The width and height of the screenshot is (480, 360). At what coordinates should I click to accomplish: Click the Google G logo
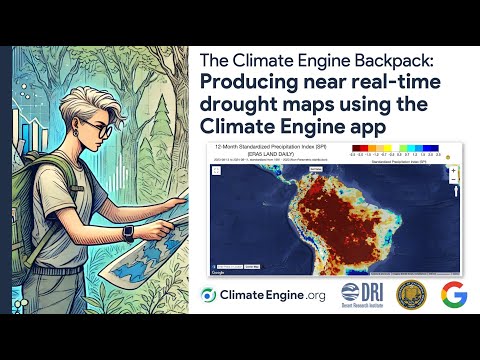pos(455,295)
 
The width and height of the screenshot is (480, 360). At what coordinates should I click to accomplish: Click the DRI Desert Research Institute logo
pos(362,295)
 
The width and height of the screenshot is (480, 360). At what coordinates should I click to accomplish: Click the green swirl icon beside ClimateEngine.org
pos(208,295)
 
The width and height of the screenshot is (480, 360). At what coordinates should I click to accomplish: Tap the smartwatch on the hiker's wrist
pos(128,231)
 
